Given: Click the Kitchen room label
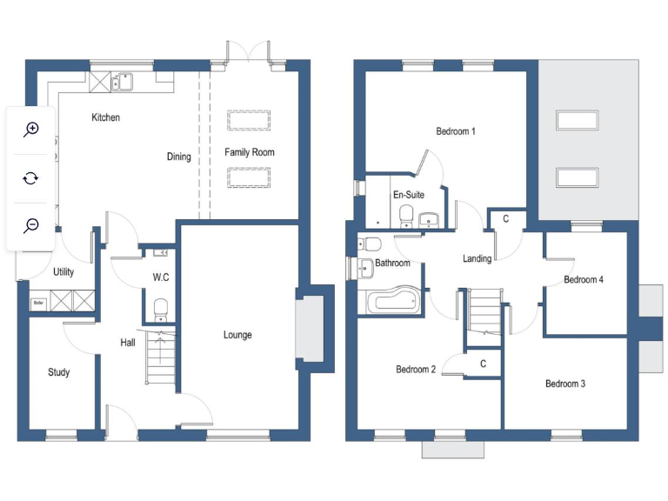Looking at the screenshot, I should [x=106, y=117].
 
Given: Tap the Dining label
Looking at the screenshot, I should [x=179, y=157].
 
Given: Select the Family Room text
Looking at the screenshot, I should [x=250, y=152].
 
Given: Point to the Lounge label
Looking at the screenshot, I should [x=237, y=335].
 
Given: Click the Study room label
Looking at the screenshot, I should [x=58, y=372].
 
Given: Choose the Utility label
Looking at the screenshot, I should [x=63, y=271].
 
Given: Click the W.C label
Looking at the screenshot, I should [x=160, y=278].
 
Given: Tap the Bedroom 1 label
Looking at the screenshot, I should [x=455, y=132].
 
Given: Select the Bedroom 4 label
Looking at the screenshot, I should [x=583, y=279].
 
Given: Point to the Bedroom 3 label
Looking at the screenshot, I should [x=565, y=384].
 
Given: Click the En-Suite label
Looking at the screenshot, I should [x=408, y=195].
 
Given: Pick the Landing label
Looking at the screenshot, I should [x=477, y=258].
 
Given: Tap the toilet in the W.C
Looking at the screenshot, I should [x=160, y=308].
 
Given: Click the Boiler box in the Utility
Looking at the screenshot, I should [x=37, y=304].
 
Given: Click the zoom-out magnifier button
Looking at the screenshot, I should [x=31, y=225].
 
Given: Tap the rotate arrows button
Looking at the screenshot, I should [x=31, y=177].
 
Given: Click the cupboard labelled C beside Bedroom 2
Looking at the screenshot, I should [x=483, y=364].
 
